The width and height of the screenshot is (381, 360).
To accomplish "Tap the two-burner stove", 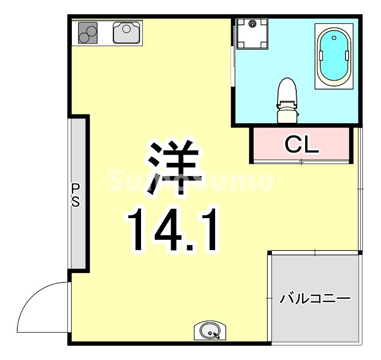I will click(87, 32).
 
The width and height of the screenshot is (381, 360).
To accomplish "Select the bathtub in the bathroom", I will click(334, 56).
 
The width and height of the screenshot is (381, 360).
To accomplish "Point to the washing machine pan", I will click(251, 33).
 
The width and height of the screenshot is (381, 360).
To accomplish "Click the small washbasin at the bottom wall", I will click(210, 331).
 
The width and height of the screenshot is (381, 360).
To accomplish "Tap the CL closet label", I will click(302, 144).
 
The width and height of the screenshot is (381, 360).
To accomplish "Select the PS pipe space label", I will click(76, 196).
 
